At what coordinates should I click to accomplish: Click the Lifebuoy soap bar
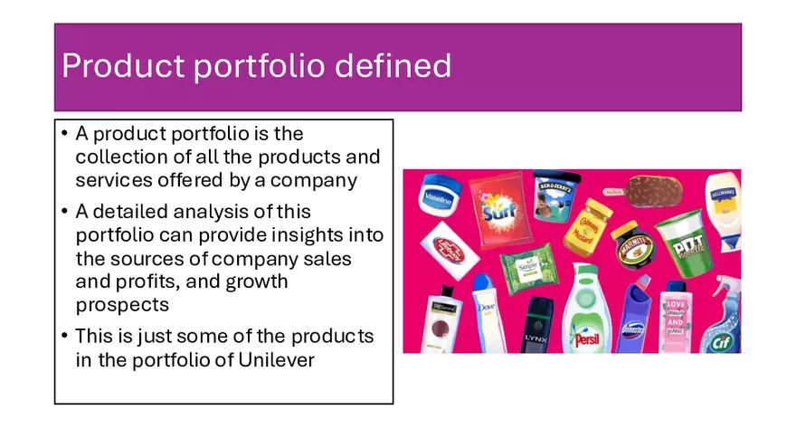(450, 246)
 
